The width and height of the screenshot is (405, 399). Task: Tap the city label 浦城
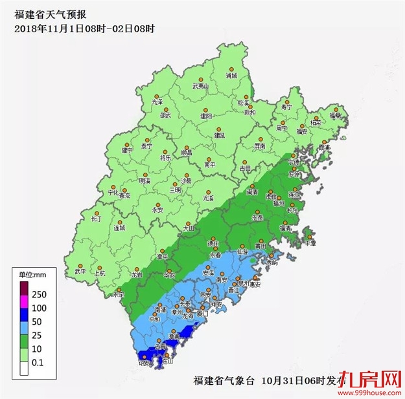[231, 76]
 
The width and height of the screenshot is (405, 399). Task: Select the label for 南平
[209, 165]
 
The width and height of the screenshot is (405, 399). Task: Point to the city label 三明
[176, 190]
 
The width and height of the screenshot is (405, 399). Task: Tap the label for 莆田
[261, 246]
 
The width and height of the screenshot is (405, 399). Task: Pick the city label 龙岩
[137, 275]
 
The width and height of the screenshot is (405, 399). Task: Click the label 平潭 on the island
[310, 244]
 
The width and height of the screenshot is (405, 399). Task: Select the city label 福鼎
[334, 116]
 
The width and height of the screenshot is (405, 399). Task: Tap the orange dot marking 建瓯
[218, 129]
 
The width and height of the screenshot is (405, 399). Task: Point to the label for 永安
[157, 210]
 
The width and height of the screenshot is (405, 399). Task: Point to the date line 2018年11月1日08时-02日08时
[84, 28]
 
